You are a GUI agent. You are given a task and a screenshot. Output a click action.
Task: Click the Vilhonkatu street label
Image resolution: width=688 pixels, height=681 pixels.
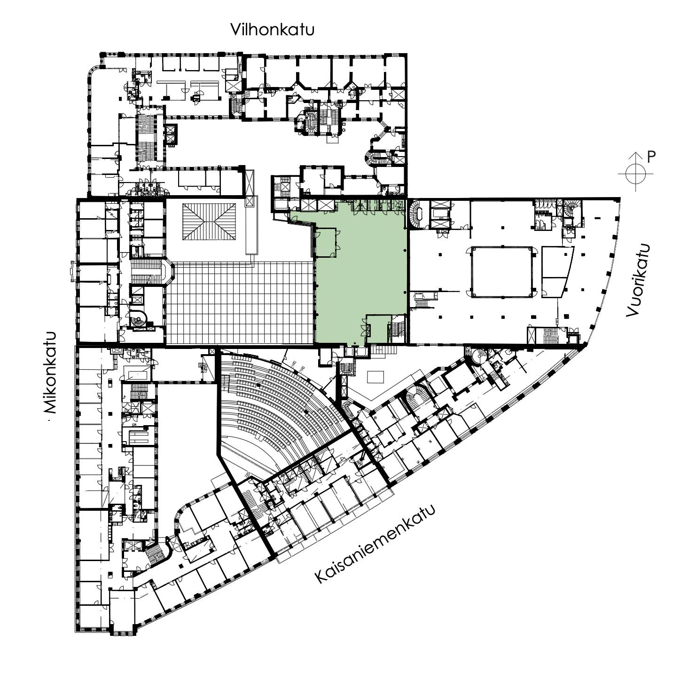272,30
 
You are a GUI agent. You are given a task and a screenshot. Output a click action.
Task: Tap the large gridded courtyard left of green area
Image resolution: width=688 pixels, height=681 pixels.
240,302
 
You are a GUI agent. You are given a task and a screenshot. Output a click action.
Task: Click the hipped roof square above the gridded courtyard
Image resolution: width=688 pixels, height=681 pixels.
210,222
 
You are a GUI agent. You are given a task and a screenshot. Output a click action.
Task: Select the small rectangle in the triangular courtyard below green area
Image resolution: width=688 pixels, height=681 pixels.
375,377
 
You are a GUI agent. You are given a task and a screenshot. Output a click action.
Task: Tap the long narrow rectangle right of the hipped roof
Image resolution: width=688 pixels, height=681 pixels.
251,229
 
